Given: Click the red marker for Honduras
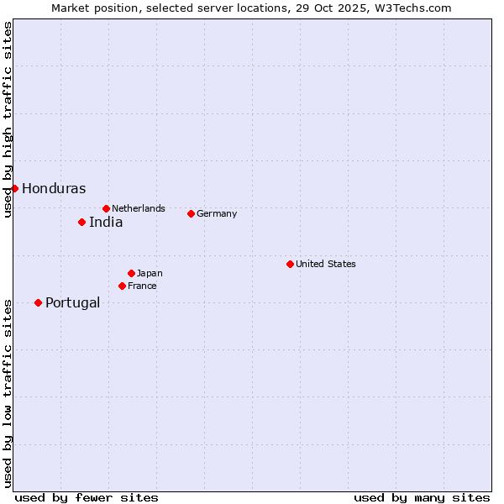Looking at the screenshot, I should pos(14,188).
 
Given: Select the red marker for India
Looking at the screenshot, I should pos(81,222).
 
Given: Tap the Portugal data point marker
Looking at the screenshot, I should pos(38,302).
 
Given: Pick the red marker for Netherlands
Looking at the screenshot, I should pos(106,208).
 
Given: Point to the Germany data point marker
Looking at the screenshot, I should pos(191,213).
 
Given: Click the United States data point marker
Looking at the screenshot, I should pos(290,264).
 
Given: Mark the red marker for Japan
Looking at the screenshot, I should pos(131,273).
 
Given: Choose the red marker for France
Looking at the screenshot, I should pos(122,286).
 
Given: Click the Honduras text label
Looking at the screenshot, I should pos(54,189).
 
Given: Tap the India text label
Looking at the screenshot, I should pos(106,223).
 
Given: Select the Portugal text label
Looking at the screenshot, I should pos(72,303).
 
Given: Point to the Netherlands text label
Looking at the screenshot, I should pos(139,208).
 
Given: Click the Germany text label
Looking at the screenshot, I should pos(217,213).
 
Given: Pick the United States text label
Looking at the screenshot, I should pos(326,264).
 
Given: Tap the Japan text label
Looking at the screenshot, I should pos(150,273).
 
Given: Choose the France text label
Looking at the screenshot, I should pos(142,286).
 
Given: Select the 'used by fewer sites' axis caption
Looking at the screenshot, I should pos(87,497).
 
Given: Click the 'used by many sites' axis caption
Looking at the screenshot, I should pos(422,497).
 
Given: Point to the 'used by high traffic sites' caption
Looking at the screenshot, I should pos(8,119).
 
